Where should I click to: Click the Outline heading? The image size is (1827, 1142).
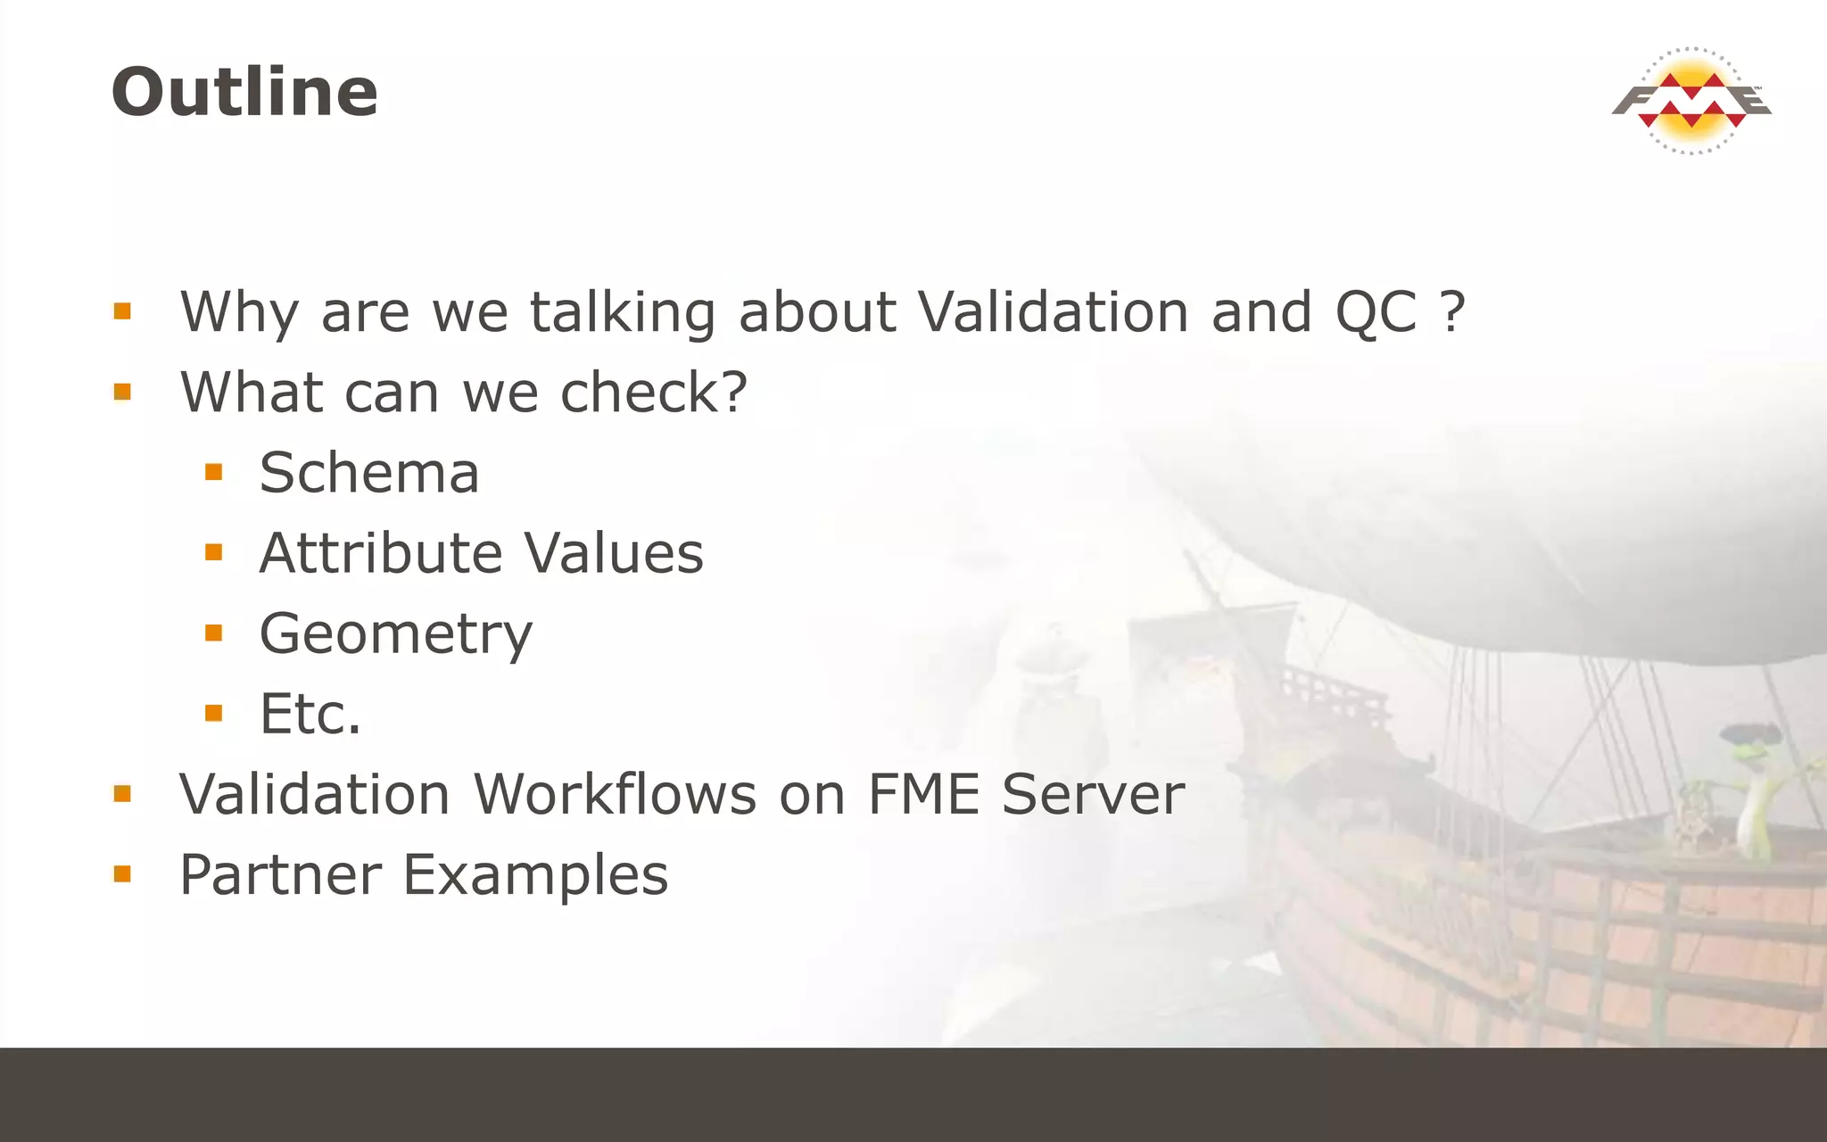[x=244, y=92]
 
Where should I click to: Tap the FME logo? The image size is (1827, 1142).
[x=1691, y=101]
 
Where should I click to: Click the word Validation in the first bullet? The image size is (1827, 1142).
[x=1053, y=312]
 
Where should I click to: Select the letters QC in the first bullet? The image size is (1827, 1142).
[x=1375, y=312]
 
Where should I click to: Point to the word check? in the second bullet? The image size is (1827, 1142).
[x=653, y=393]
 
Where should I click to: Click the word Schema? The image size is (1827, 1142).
[x=369, y=473]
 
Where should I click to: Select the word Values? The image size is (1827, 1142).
[x=614, y=553]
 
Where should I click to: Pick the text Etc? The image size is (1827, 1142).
[x=310, y=714]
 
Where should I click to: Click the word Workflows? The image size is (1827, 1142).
[x=615, y=794]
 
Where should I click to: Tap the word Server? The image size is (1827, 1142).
[x=1093, y=794]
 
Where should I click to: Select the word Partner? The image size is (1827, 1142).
[x=280, y=874]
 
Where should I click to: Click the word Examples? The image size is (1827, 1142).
[x=535, y=876]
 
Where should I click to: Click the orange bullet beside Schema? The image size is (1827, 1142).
[x=213, y=472]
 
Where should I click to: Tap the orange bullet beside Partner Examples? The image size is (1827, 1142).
[x=122, y=873]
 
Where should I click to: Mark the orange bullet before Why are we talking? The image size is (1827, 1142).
[x=122, y=311]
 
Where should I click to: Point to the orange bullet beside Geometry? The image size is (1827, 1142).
[x=213, y=633]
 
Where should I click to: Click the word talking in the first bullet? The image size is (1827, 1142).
[x=622, y=312]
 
